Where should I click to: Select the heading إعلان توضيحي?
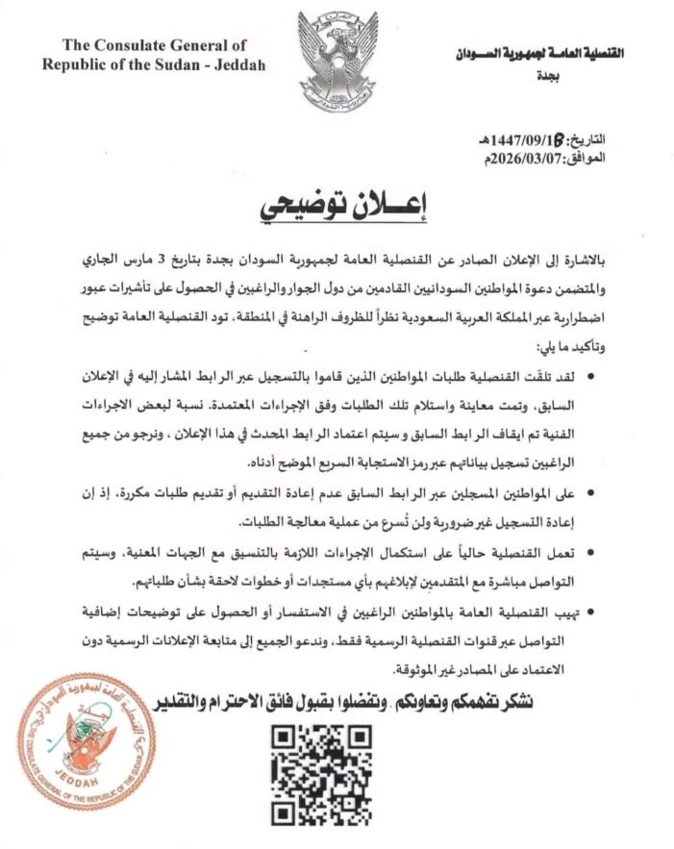[338, 207]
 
